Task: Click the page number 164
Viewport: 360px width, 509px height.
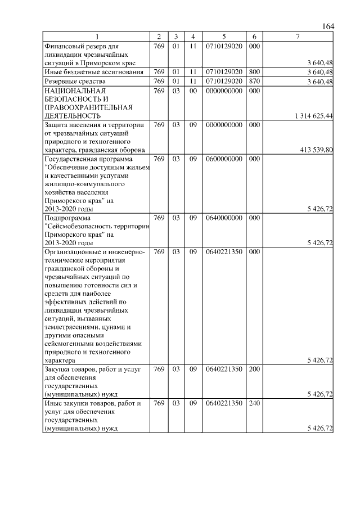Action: point(328,27)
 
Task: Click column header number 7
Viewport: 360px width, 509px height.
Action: point(298,37)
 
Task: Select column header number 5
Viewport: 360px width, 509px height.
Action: point(224,37)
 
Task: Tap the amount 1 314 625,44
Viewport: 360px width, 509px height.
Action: point(313,115)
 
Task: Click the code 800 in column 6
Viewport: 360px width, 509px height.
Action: point(254,72)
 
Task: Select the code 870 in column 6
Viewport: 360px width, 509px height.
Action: point(254,82)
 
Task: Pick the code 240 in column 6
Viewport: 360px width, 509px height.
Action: point(254,404)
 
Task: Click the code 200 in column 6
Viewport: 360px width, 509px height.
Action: point(254,370)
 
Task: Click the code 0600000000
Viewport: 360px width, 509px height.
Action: point(224,159)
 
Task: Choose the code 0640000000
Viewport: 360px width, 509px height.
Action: point(224,218)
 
